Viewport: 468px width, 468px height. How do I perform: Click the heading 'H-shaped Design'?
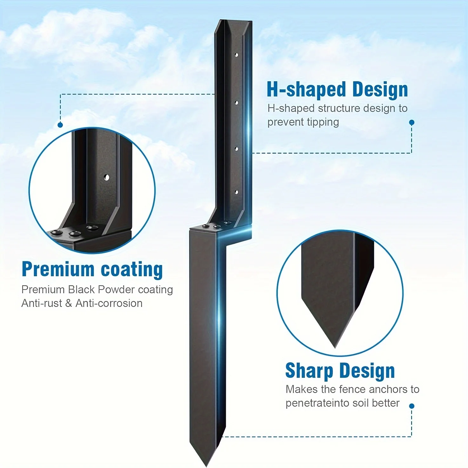pyautogui.click(x=337, y=90)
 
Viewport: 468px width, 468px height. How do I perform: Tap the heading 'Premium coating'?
pyautogui.click(x=92, y=269)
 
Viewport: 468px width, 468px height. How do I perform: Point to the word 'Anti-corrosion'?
pyautogui.click(x=109, y=303)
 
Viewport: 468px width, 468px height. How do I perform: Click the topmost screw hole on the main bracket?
pyautogui.click(x=236, y=55)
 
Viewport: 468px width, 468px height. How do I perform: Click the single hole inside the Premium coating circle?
pyautogui.click(x=107, y=177)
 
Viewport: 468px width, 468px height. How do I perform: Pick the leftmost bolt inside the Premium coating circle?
pyautogui.click(x=57, y=232)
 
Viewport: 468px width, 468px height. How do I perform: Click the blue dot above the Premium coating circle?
pyautogui.click(x=60, y=125)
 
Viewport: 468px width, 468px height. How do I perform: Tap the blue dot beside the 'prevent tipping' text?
pyautogui.click(x=412, y=123)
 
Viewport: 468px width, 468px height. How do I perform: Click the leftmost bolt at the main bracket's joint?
pyautogui.click(x=205, y=226)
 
